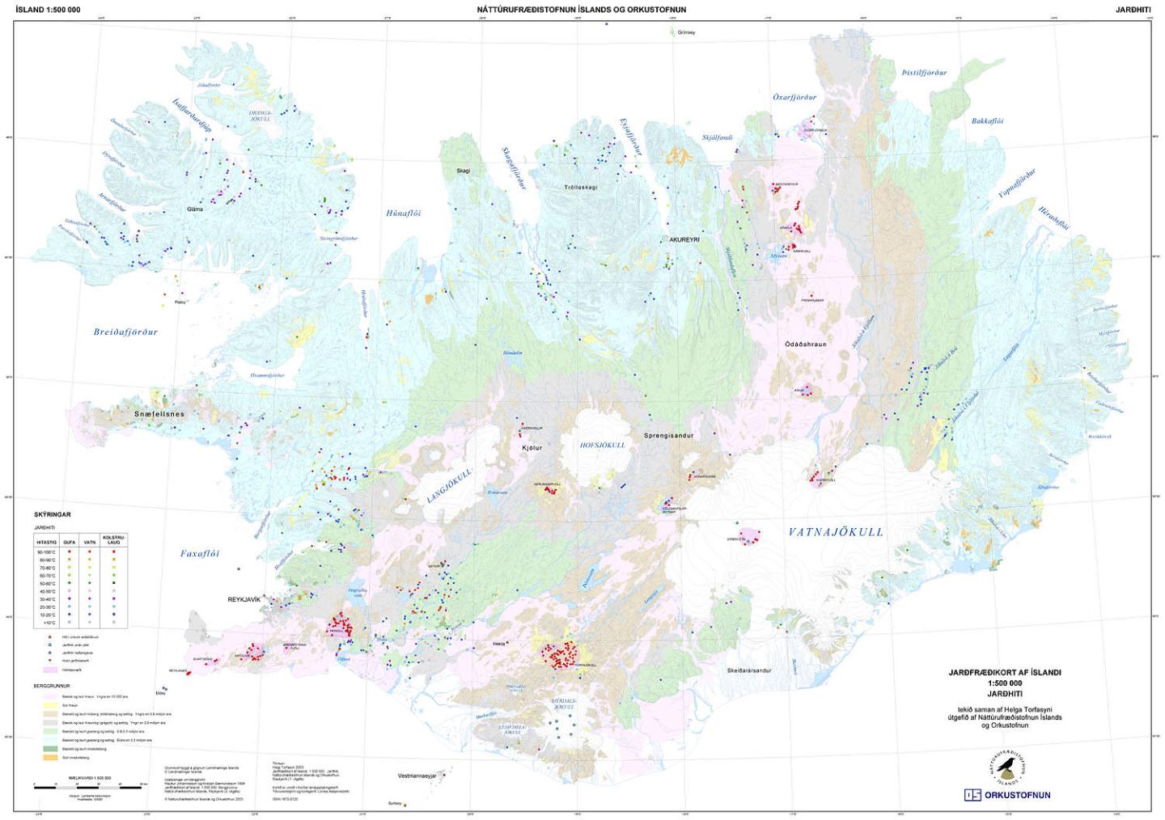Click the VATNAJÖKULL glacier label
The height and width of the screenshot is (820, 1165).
[x=836, y=532]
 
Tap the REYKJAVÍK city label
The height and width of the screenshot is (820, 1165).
[x=244, y=599]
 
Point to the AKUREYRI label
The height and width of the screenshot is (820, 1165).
[x=684, y=240]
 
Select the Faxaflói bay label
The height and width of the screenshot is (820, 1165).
[x=200, y=554]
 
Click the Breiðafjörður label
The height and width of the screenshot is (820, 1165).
[x=125, y=332]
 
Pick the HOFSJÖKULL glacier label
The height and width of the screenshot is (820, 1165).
[x=603, y=445]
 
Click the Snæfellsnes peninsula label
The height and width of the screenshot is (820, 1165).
[x=159, y=414]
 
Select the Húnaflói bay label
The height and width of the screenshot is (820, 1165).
[x=403, y=213]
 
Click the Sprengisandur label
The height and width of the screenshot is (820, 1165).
[x=668, y=436]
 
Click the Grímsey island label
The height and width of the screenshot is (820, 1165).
[x=686, y=32]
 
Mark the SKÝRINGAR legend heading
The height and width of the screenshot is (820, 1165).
[x=53, y=514]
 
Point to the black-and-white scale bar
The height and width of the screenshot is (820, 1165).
[x=91, y=784]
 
